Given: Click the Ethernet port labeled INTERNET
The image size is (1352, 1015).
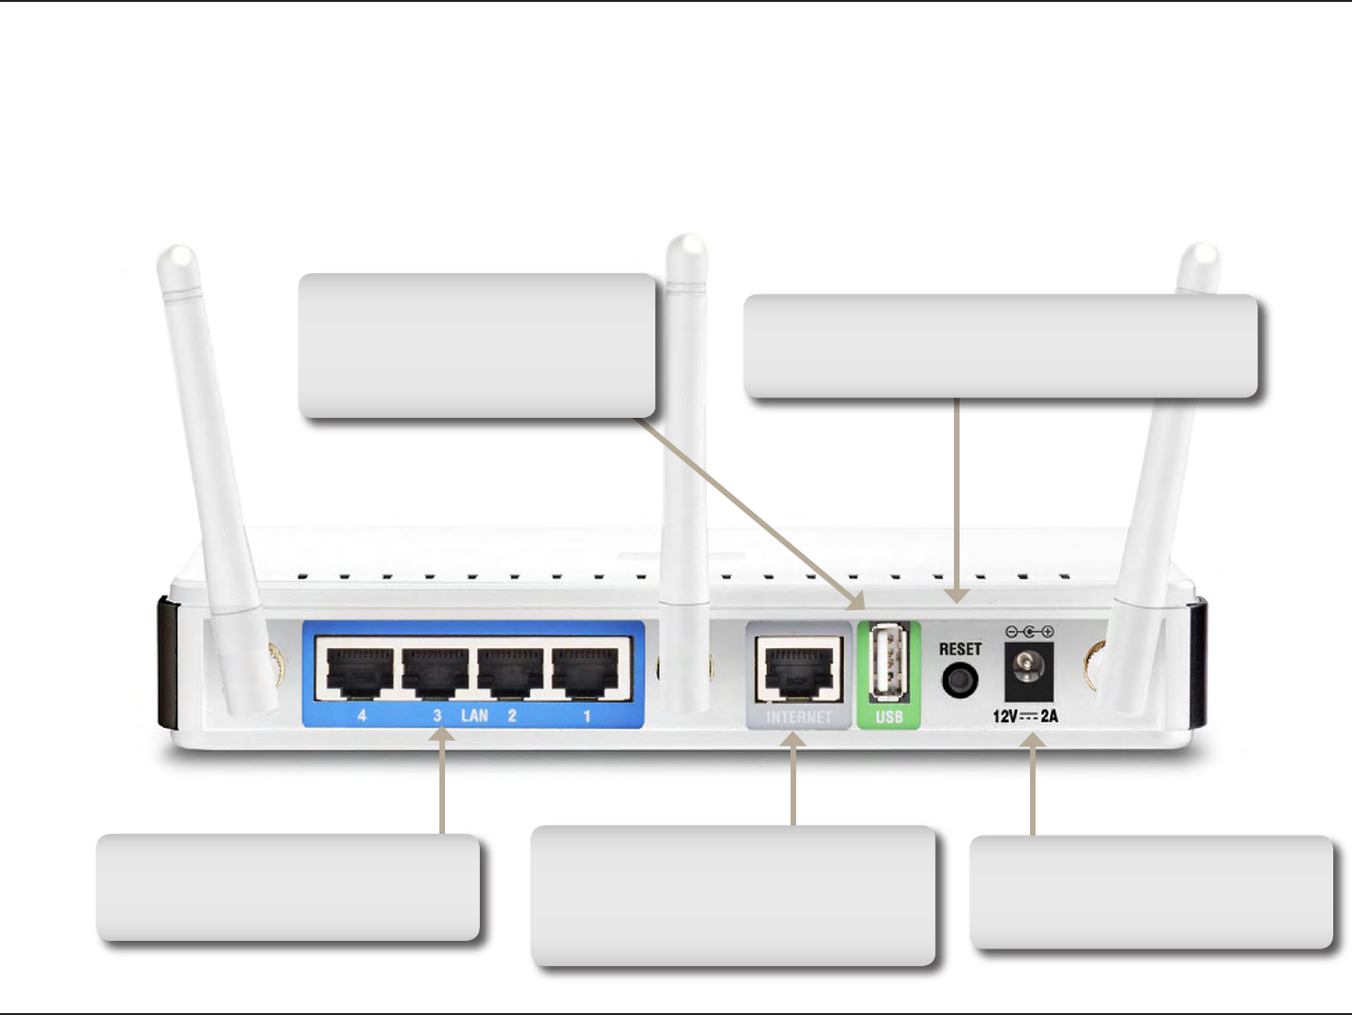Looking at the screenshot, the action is (799, 669).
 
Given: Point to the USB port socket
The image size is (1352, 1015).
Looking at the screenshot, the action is (888, 662).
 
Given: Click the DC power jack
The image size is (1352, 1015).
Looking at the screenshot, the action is (1029, 669).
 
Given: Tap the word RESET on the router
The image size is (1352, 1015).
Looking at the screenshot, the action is (960, 649).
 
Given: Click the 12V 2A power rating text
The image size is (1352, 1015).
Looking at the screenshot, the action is (1025, 716).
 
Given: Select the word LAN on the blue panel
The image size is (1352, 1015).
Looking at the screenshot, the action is (474, 715).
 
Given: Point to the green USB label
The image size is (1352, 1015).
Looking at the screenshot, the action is (889, 717).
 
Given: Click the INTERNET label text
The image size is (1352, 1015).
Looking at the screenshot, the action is (799, 717).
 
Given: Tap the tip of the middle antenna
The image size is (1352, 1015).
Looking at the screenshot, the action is (686, 245).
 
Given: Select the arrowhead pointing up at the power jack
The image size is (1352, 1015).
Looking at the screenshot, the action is (1033, 741).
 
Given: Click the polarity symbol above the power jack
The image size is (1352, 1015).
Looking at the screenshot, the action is (1029, 632).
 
